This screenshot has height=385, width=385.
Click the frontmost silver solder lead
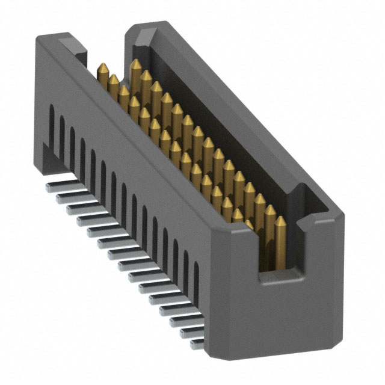[x=197, y=343]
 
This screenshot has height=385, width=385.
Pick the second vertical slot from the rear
[x=62, y=134]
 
